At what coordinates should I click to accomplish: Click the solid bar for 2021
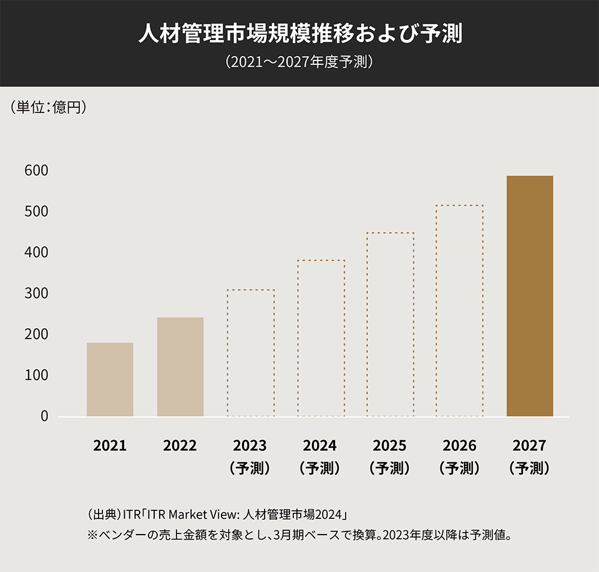tap(110, 379)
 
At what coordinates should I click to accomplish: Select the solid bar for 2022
tap(180, 367)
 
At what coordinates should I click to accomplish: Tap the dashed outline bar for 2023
tap(250, 353)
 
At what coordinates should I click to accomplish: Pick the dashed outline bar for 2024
tap(321, 338)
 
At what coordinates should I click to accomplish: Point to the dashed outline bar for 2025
tap(390, 324)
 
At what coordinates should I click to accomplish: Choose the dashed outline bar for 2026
tap(460, 311)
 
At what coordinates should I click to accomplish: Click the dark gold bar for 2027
tap(530, 296)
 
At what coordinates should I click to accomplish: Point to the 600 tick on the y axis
tap(37, 170)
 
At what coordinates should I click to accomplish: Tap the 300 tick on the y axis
tap(37, 293)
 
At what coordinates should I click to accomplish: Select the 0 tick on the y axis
tap(44, 416)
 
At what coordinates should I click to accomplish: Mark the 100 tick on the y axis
tap(37, 376)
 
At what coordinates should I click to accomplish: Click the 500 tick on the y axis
tap(37, 211)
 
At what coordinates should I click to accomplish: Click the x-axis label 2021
tap(110, 446)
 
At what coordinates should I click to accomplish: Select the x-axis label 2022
tap(180, 446)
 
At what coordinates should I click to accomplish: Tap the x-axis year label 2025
tap(390, 446)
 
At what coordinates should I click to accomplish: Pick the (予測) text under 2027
tap(530, 468)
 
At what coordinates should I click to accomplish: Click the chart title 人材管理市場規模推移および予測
tap(299, 34)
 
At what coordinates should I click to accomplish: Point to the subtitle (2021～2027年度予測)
tap(299, 62)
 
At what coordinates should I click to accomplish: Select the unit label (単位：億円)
tap(48, 107)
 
